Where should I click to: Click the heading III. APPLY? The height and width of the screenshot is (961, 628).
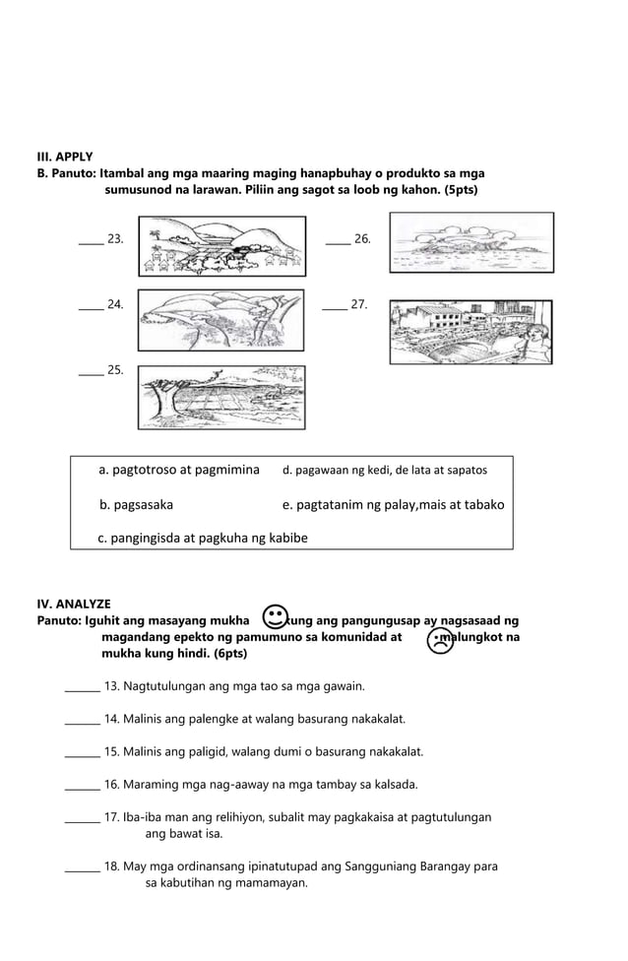65,157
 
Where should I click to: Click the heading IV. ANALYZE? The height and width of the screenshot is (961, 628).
74,604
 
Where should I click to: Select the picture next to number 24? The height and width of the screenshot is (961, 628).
221,320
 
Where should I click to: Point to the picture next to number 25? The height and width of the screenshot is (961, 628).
221,397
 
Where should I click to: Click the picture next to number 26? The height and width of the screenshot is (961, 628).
470,243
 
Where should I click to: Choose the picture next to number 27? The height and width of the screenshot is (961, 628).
471,332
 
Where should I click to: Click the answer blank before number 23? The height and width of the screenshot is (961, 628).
91,239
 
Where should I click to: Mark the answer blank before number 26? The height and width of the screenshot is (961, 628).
337,239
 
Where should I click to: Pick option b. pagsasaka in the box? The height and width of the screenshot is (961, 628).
137,504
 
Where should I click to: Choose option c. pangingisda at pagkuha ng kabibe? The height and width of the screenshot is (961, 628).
203,538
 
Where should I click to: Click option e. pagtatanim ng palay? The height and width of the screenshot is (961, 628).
393,504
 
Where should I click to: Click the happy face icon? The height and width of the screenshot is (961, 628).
277,616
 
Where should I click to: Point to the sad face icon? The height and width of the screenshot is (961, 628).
441,641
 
